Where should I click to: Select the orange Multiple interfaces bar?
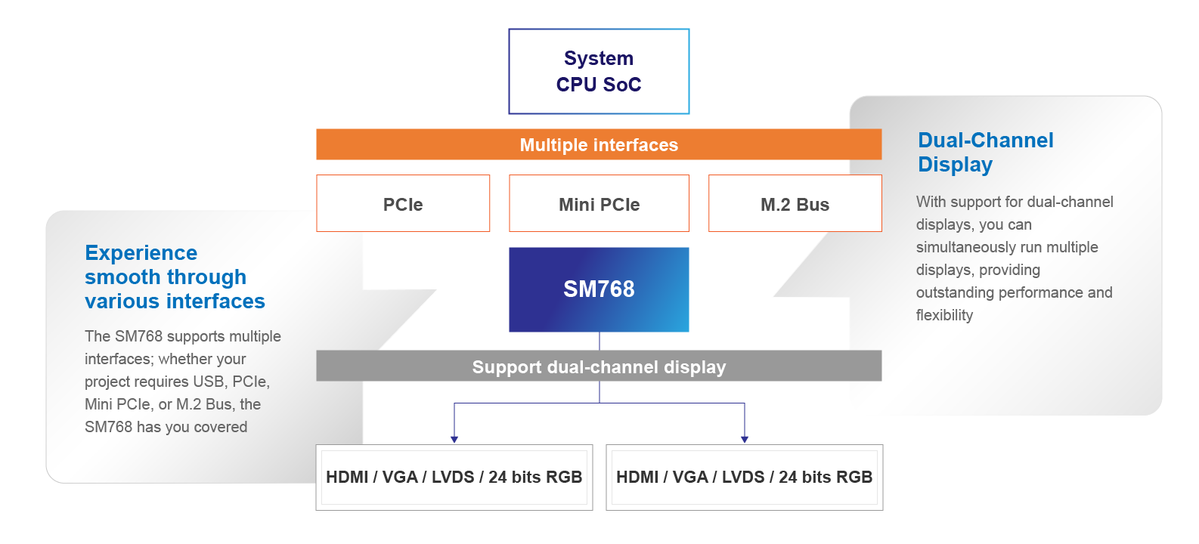599,144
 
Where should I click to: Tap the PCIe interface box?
403,204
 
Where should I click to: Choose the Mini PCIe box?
599,204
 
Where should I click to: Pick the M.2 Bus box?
795,204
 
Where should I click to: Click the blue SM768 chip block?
599,289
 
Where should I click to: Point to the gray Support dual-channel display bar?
599,366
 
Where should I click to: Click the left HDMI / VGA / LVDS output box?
454,478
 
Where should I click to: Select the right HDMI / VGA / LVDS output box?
744,478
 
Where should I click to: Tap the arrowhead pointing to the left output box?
454,439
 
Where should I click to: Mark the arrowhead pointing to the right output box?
745,439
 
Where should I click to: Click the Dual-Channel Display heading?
985,152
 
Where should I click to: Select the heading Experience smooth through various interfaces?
175,277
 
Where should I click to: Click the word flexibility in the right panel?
944,315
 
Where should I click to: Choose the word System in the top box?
599,58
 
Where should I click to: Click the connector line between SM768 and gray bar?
599,341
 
